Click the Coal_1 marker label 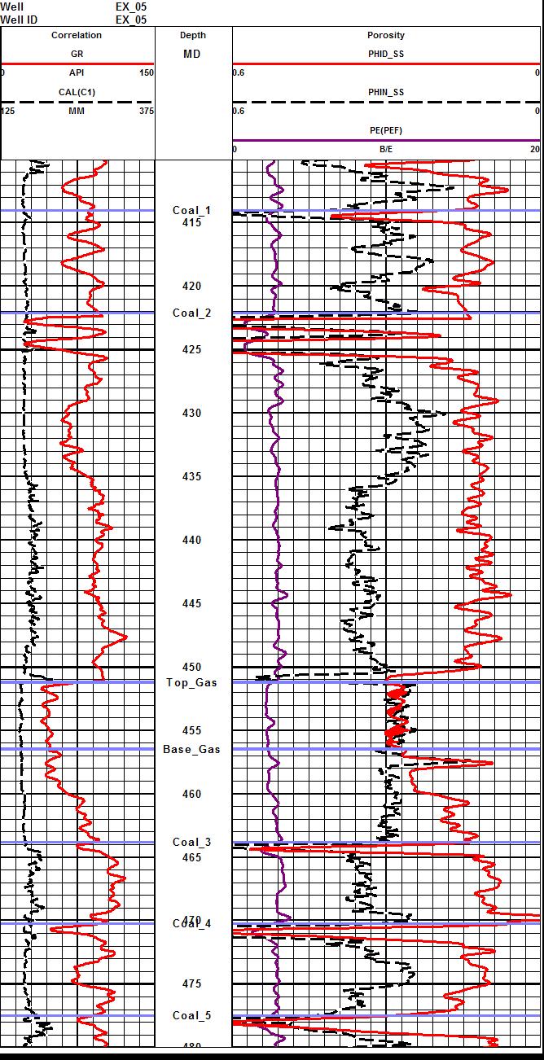[191, 210]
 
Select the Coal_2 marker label [191, 313]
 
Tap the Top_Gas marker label [191, 682]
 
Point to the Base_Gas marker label [191, 749]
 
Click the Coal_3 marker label [191, 842]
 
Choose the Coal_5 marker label [191, 1015]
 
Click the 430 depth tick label [192, 413]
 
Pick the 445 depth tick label [192, 603]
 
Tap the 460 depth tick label [192, 794]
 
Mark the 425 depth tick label [192, 349]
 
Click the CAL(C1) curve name [77, 92]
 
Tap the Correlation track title [77, 35]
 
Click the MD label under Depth [192, 54]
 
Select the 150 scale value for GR [146, 72]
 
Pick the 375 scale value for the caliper [146, 111]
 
